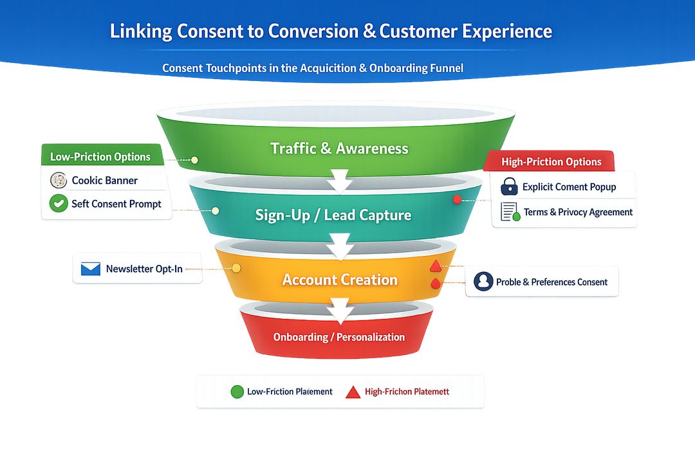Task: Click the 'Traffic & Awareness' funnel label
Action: pyautogui.click(x=339, y=149)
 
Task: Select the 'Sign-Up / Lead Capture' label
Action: pyautogui.click(x=333, y=215)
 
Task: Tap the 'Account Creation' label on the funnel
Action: pyautogui.click(x=340, y=280)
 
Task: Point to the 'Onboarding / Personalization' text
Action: pyautogui.click(x=338, y=337)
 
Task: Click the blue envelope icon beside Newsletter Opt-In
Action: pyautogui.click(x=90, y=269)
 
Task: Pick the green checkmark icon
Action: pyautogui.click(x=59, y=204)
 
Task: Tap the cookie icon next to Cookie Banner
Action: pyautogui.click(x=59, y=181)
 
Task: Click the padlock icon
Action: pyautogui.click(x=509, y=186)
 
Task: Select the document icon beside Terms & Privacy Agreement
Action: pyautogui.click(x=510, y=212)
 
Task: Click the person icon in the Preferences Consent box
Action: pyautogui.click(x=483, y=282)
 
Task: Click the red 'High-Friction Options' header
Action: pyautogui.click(x=551, y=161)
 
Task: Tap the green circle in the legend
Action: pyautogui.click(x=237, y=392)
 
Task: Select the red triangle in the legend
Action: pyautogui.click(x=353, y=392)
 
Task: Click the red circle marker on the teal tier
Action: pyautogui.click(x=458, y=199)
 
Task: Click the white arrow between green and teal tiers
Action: pyautogui.click(x=338, y=181)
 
